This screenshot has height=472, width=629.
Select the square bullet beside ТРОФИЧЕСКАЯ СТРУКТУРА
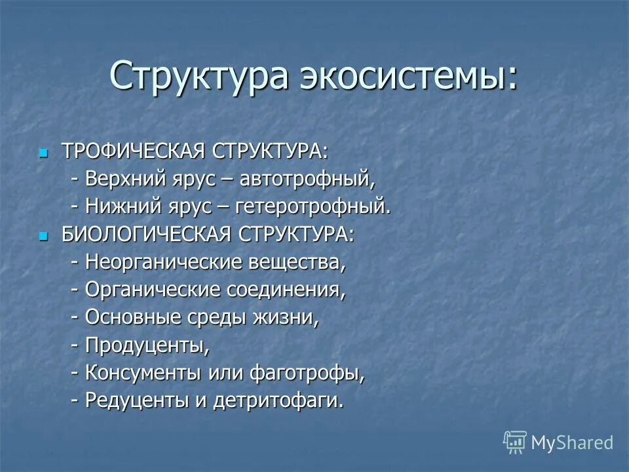point(44,153)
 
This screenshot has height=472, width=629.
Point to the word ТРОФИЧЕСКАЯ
point(134,151)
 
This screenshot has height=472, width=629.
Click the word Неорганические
point(164,262)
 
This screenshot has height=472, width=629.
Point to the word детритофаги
point(278,400)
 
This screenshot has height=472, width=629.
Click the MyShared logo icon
point(515,442)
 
